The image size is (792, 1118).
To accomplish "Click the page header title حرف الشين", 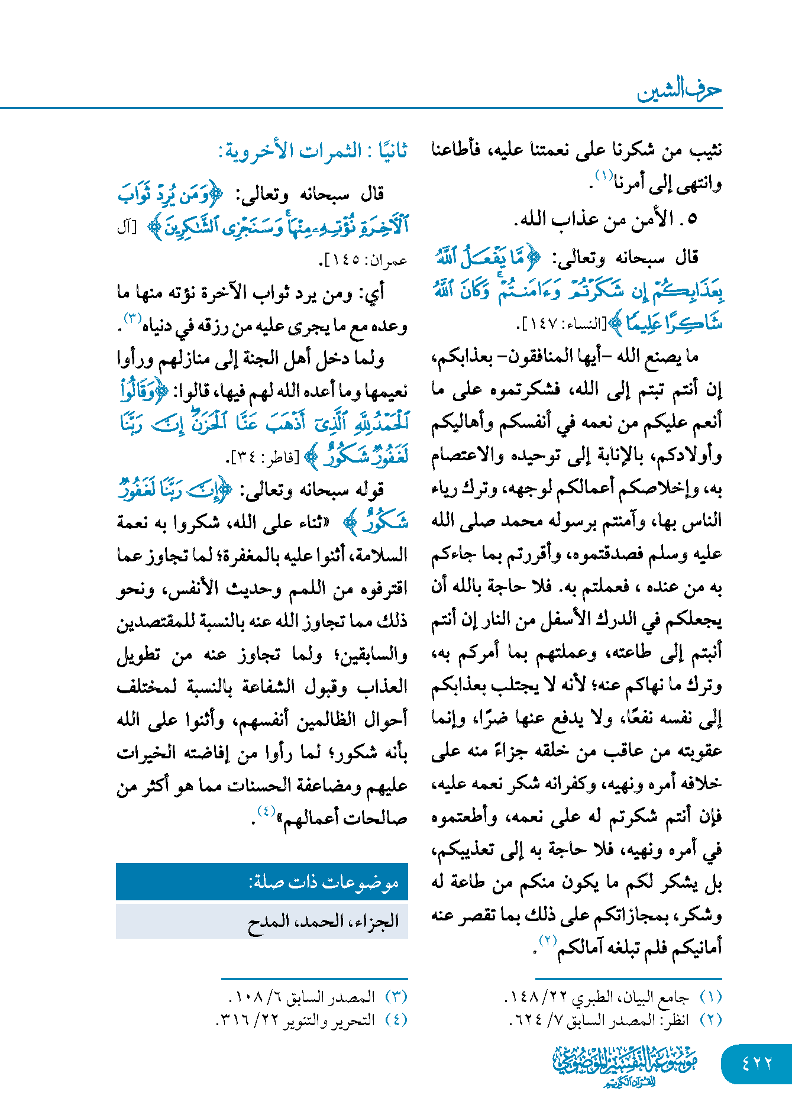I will tap(679, 90).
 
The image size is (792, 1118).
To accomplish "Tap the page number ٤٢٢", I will tap(757, 1064).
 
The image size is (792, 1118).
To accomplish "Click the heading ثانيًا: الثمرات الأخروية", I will tap(313, 151).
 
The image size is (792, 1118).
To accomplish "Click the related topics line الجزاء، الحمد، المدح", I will tap(323, 921).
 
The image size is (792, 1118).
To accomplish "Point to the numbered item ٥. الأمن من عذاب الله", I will tap(606, 219).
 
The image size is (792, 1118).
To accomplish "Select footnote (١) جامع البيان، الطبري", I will tap(613, 997).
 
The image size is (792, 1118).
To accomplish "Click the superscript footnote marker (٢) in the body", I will tap(548, 940).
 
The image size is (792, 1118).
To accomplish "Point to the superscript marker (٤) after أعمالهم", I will tap(266, 811).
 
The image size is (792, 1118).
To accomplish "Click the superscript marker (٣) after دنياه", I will tap(131, 319).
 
